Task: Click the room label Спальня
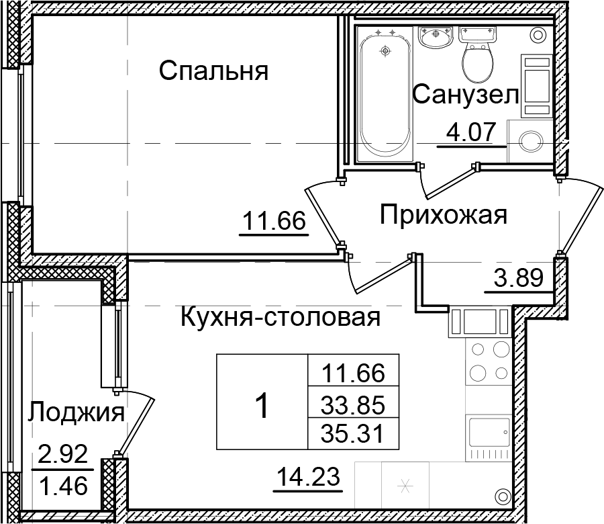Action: coord(213,71)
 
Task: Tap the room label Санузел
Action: coord(465,95)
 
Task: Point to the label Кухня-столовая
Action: coord(281,316)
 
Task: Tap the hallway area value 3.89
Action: coord(517,277)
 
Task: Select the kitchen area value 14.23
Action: coord(310,479)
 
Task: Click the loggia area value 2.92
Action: coord(63,457)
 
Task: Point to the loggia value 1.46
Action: coord(63,485)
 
